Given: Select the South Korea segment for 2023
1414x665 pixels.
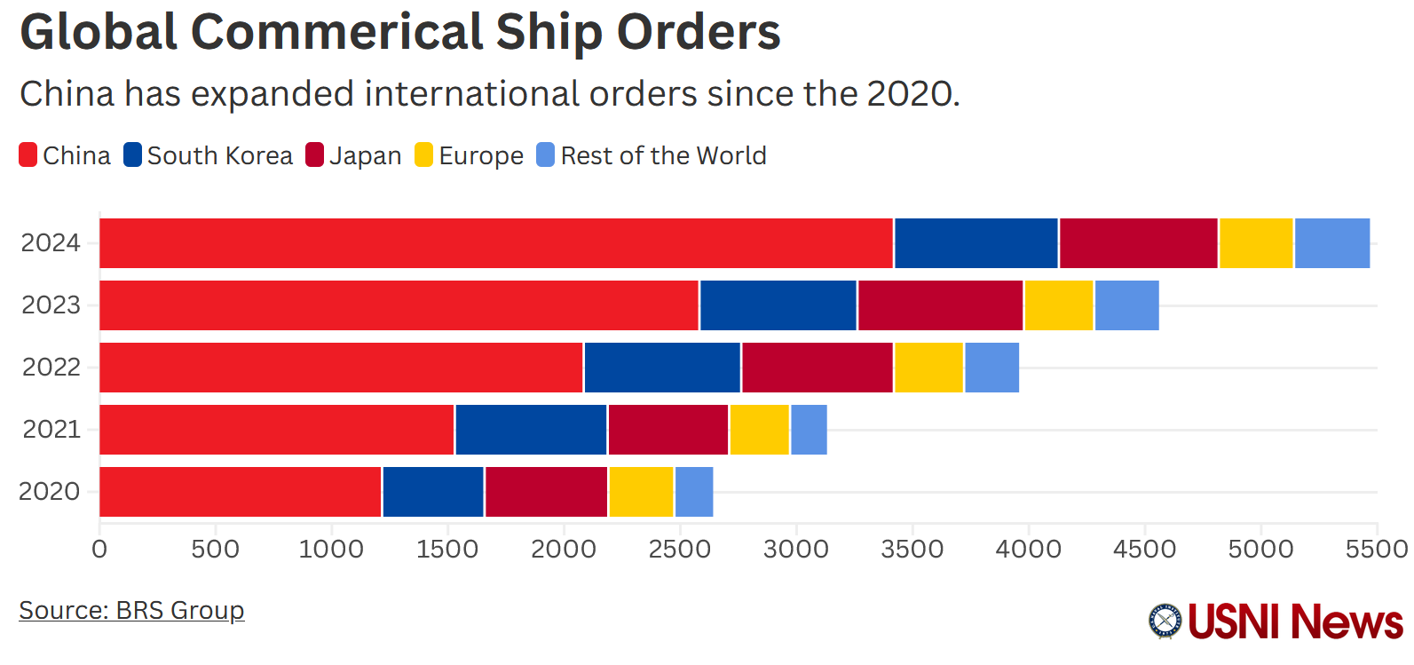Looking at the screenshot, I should coord(778,305).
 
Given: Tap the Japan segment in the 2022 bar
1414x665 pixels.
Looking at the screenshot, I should coord(817,368).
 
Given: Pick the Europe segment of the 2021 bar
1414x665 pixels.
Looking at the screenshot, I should coord(759,430).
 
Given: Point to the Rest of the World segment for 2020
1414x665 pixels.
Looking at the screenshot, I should coord(693,492).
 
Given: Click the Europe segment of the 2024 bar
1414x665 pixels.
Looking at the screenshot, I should coord(1255,243).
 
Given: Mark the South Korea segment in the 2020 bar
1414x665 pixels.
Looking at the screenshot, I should coord(432,492).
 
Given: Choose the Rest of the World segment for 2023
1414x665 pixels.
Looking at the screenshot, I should coord(1126,305).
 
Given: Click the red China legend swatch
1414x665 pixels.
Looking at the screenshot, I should coord(28,155).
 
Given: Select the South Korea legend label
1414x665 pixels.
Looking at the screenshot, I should coord(219,156).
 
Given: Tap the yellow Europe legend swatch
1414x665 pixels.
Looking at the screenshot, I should coord(423,155).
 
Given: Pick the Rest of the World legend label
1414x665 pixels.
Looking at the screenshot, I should coord(663,156).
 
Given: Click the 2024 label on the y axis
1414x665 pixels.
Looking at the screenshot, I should coord(51,243).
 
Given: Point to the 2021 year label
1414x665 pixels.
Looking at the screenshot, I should coord(51,430).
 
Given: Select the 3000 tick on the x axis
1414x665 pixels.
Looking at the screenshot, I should coord(795,550).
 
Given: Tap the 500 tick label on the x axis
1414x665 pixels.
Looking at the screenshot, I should coord(215,550).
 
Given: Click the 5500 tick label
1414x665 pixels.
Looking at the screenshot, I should coord(1376,550).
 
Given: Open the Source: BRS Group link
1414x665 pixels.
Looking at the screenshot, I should coord(131,611).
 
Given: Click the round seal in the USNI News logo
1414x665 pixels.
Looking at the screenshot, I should coord(1165,621).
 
